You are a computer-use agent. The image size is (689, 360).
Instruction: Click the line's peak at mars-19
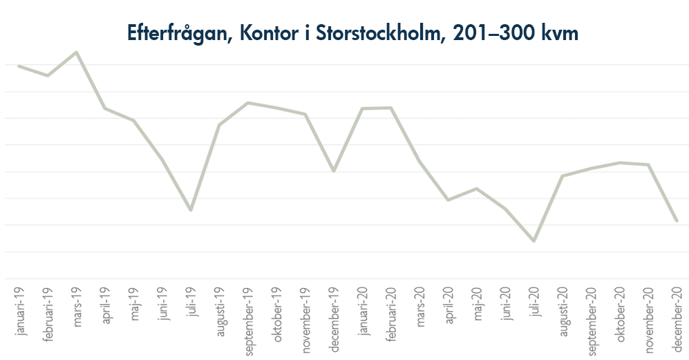(x=77, y=52)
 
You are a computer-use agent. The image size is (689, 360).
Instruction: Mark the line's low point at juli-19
(x=191, y=209)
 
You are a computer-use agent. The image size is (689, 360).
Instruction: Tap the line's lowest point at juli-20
(x=534, y=241)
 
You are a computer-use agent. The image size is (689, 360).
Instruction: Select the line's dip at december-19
(x=334, y=171)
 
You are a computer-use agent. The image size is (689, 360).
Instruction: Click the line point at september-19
(x=248, y=103)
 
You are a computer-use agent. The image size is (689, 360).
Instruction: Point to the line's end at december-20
(x=677, y=221)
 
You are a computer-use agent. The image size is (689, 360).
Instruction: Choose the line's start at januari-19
(x=19, y=66)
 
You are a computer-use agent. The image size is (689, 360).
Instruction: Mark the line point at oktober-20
(x=619, y=162)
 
